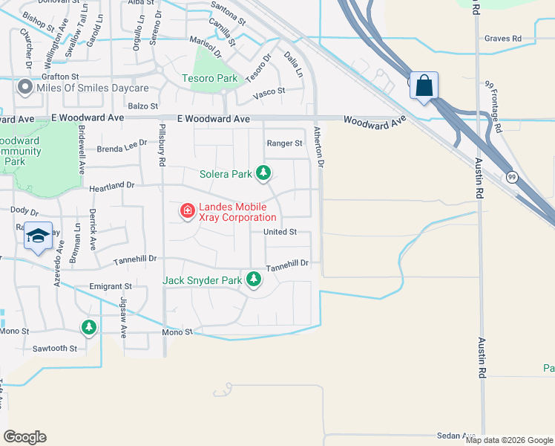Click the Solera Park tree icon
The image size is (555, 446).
[x=263, y=174]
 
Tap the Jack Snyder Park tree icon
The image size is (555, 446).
[x=254, y=279]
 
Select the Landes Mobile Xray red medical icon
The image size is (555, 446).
[x=187, y=212]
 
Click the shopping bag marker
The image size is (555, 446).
[x=424, y=85]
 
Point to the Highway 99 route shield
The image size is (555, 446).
[x=512, y=177]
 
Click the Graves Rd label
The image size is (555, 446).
[x=502, y=38]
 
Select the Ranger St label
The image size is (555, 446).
[x=284, y=143]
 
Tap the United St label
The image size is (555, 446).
[x=280, y=232]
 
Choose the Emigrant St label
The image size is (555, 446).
[x=110, y=285]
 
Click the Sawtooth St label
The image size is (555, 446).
[x=55, y=348]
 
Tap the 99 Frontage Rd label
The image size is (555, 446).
[x=494, y=107]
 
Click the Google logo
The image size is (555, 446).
[x=24, y=437]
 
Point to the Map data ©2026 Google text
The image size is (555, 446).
[x=509, y=440]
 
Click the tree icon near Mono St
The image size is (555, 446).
[x=89, y=327]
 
